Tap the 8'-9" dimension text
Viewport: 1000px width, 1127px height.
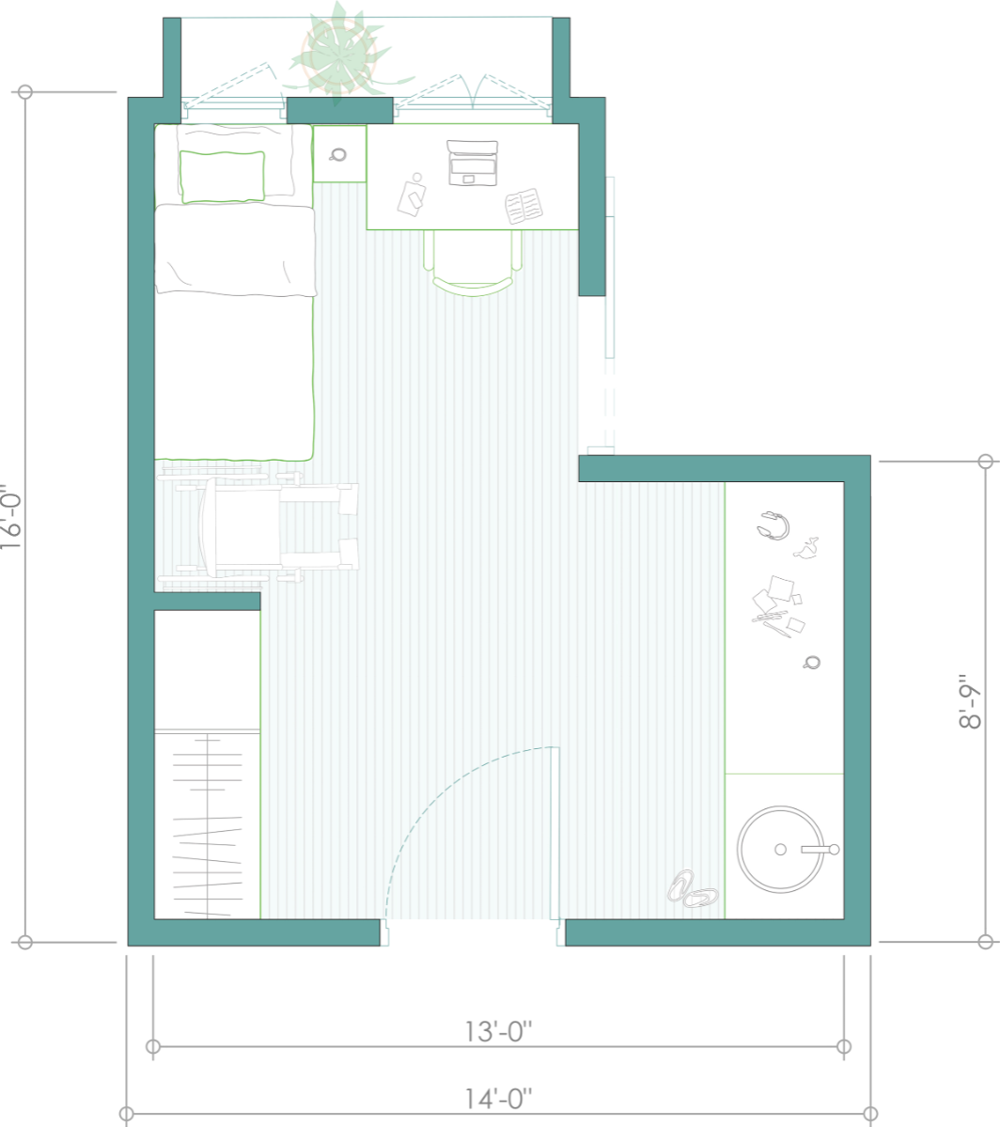point(970,701)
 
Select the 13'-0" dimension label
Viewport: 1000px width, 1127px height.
point(498,1031)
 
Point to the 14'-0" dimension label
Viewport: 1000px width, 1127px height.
point(498,1099)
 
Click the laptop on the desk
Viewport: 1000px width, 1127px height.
point(473,164)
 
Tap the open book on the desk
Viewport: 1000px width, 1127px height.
point(523,206)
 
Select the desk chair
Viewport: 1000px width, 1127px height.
point(473,262)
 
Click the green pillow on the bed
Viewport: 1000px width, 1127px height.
point(222,177)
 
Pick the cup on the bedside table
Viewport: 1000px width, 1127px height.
point(338,154)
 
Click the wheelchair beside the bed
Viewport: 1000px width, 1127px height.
point(258,526)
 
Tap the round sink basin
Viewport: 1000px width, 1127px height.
point(780,849)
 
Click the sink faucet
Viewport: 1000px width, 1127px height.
point(820,850)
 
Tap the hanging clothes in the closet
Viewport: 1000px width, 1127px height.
point(208,825)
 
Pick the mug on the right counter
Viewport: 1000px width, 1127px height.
point(812,662)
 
